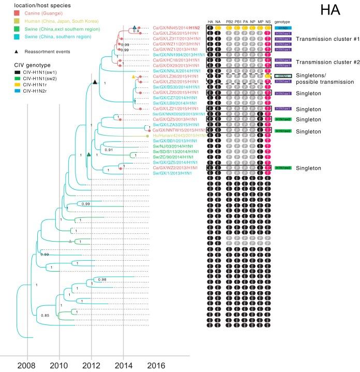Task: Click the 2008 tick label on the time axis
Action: [27, 365]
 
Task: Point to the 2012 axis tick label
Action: [91, 365]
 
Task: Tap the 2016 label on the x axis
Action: [156, 365]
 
